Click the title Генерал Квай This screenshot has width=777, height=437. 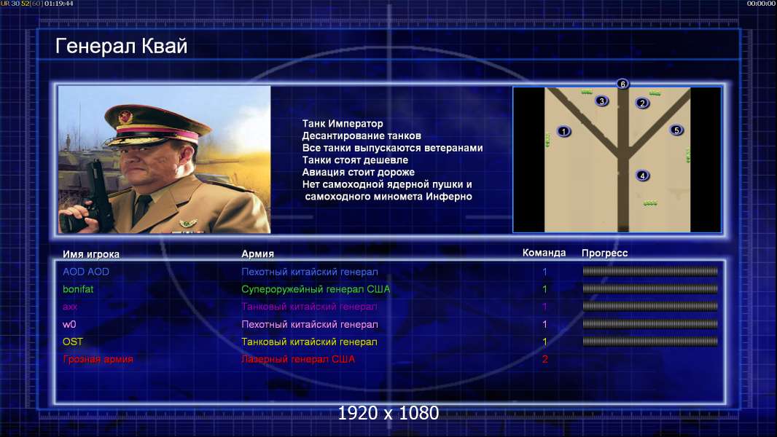tap(122, 47)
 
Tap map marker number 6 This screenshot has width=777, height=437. tap(622, 84)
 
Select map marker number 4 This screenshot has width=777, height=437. tap(642, 176)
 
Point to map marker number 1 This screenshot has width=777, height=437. tap(563, 131)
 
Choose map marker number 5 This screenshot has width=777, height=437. tap(676, 130)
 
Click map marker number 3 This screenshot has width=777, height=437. tap(601, 101)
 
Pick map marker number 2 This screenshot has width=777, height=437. tap(642, 103)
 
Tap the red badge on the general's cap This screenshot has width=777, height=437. tap(125, 117)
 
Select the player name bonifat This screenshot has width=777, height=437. tap(78, 289)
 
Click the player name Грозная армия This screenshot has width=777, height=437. tap(98, 359)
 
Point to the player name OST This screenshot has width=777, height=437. tap(72, 342)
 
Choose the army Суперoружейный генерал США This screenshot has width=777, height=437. tap(316, 289)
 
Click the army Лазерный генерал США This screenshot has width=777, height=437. tap(298, 359)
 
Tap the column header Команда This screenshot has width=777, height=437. tap(544, 253)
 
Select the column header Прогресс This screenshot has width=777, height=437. tap(604, 253)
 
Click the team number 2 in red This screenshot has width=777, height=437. tap(544, 359)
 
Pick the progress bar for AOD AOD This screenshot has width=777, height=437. tap(650, 271)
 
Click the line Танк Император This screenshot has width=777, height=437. tap(343, 124)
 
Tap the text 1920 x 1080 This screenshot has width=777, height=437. tap(388, 413)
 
